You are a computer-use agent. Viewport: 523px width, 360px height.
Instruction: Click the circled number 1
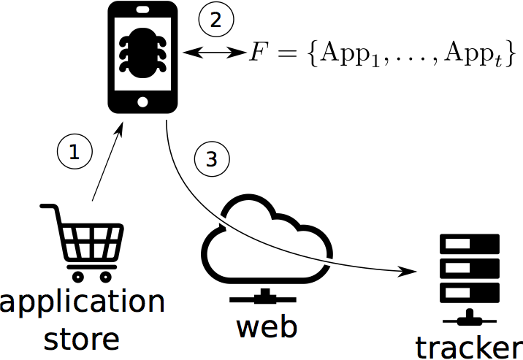[73, 152]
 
